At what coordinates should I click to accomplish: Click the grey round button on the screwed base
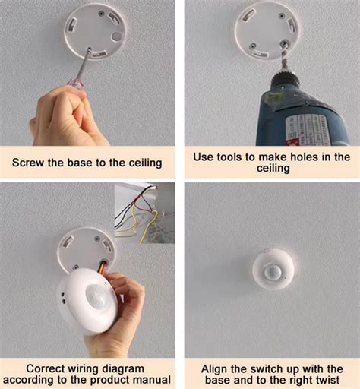pyautogui.click(x=115, y=36)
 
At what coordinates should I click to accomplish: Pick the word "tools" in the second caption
pyautogui.click(x=235, y=157)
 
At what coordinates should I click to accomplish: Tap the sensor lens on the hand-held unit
pyautogui.click(x=91, y=293)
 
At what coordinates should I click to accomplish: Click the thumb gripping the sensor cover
pyautogui.click(x=122, y=287)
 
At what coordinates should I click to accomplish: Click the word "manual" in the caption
pyautogui.click(x=151, y=379)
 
